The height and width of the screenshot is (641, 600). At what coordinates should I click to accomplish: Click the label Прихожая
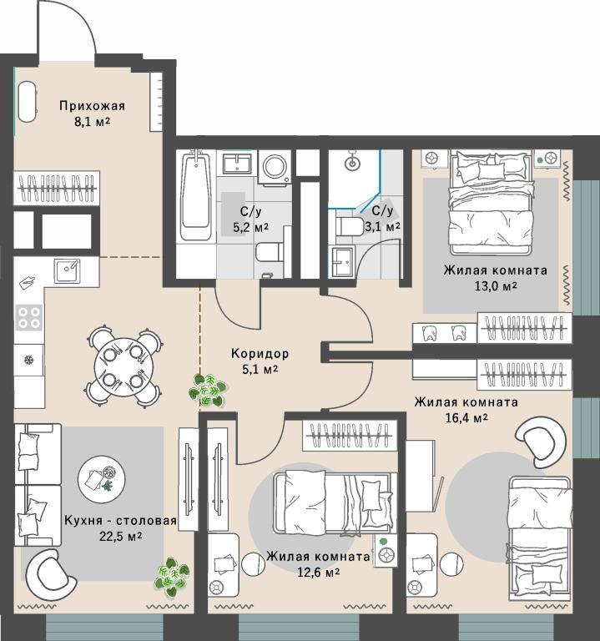point(92,106)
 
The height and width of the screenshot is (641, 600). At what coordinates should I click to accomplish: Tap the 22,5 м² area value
point(121,536)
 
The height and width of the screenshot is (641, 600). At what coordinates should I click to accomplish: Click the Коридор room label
point(260,353)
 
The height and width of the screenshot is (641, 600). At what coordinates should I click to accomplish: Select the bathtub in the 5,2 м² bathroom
point(197,195)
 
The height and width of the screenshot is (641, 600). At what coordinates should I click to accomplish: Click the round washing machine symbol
point(275,167)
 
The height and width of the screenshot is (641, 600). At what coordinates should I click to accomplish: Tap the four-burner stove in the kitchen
point(29,318)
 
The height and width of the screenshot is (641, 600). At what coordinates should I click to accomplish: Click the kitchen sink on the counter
point(68,270)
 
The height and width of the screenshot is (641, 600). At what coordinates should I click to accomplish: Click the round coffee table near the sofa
point(101,479)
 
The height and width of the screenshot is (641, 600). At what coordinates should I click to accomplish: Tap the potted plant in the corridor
point(208,390)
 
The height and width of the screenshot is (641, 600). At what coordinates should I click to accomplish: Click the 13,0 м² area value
point(496,285)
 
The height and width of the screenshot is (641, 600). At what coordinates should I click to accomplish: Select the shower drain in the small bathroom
point(352,164)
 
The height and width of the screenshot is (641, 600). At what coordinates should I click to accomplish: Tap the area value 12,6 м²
point(319,572)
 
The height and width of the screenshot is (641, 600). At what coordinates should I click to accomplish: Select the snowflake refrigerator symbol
point(29,361)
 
